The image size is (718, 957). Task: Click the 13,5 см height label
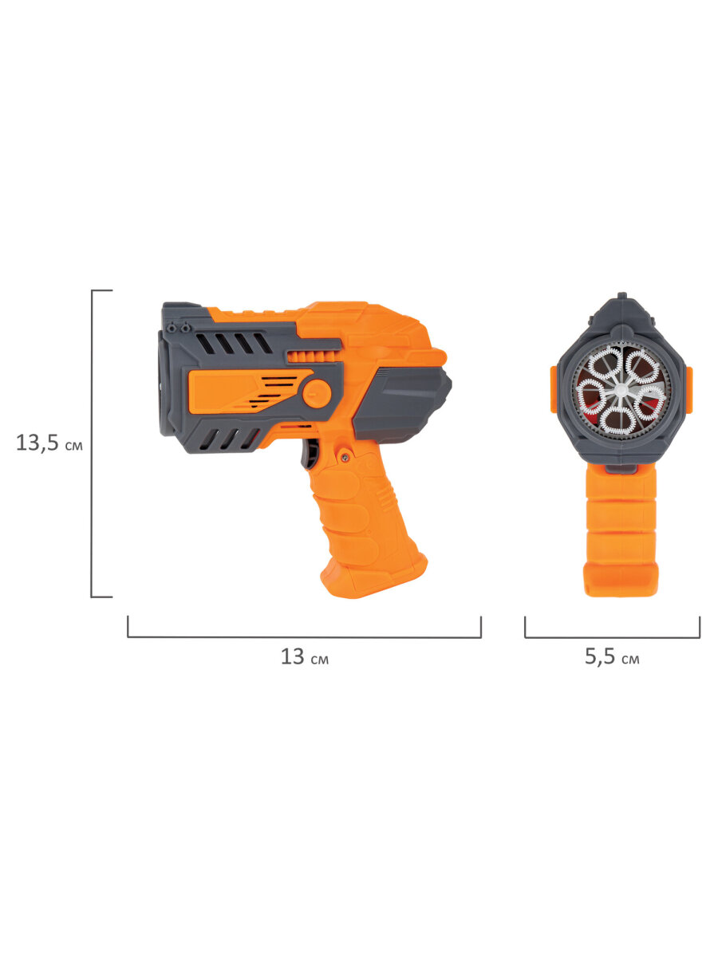(49, 443)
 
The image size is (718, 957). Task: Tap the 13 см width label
(304, 656)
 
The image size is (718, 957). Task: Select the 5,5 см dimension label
(612, 656)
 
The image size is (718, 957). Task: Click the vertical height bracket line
(92, 443)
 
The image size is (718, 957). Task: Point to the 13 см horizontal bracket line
(304, 637)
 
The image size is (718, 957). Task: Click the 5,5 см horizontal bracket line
(613, 637)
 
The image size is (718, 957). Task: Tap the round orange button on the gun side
(317, 394)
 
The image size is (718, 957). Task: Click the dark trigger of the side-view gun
(309, 454)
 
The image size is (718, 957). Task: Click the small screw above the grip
(345, 457)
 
